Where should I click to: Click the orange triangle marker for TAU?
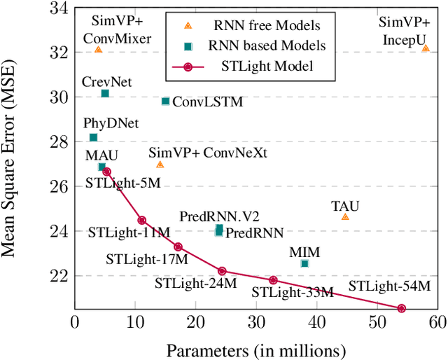pyautogui.click(x=345, y=217)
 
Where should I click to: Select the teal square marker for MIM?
pyautogui.click(x=304, y=263)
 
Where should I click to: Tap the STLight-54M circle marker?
pyautogui.click(x=402, y=308)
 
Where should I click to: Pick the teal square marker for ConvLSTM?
pyautogui.click(x=165, y=101)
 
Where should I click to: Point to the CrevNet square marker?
pyautogui.click(x=105, y=93)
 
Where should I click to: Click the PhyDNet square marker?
pyautogui.click(x=93, y=137)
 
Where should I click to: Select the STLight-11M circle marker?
pyautogui.click(x=142, y=220)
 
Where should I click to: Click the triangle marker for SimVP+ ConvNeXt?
pyautogui.click(x=160, y=165)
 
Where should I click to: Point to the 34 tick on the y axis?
pyautogui.click(x=59, y=8)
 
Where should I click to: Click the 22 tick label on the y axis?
pyautogui.click(x=59, y=275)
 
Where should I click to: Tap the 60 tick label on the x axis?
pyautogui.click(x=437, y=322)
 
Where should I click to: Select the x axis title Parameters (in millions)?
pyautogui.click(x=256, y=349)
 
